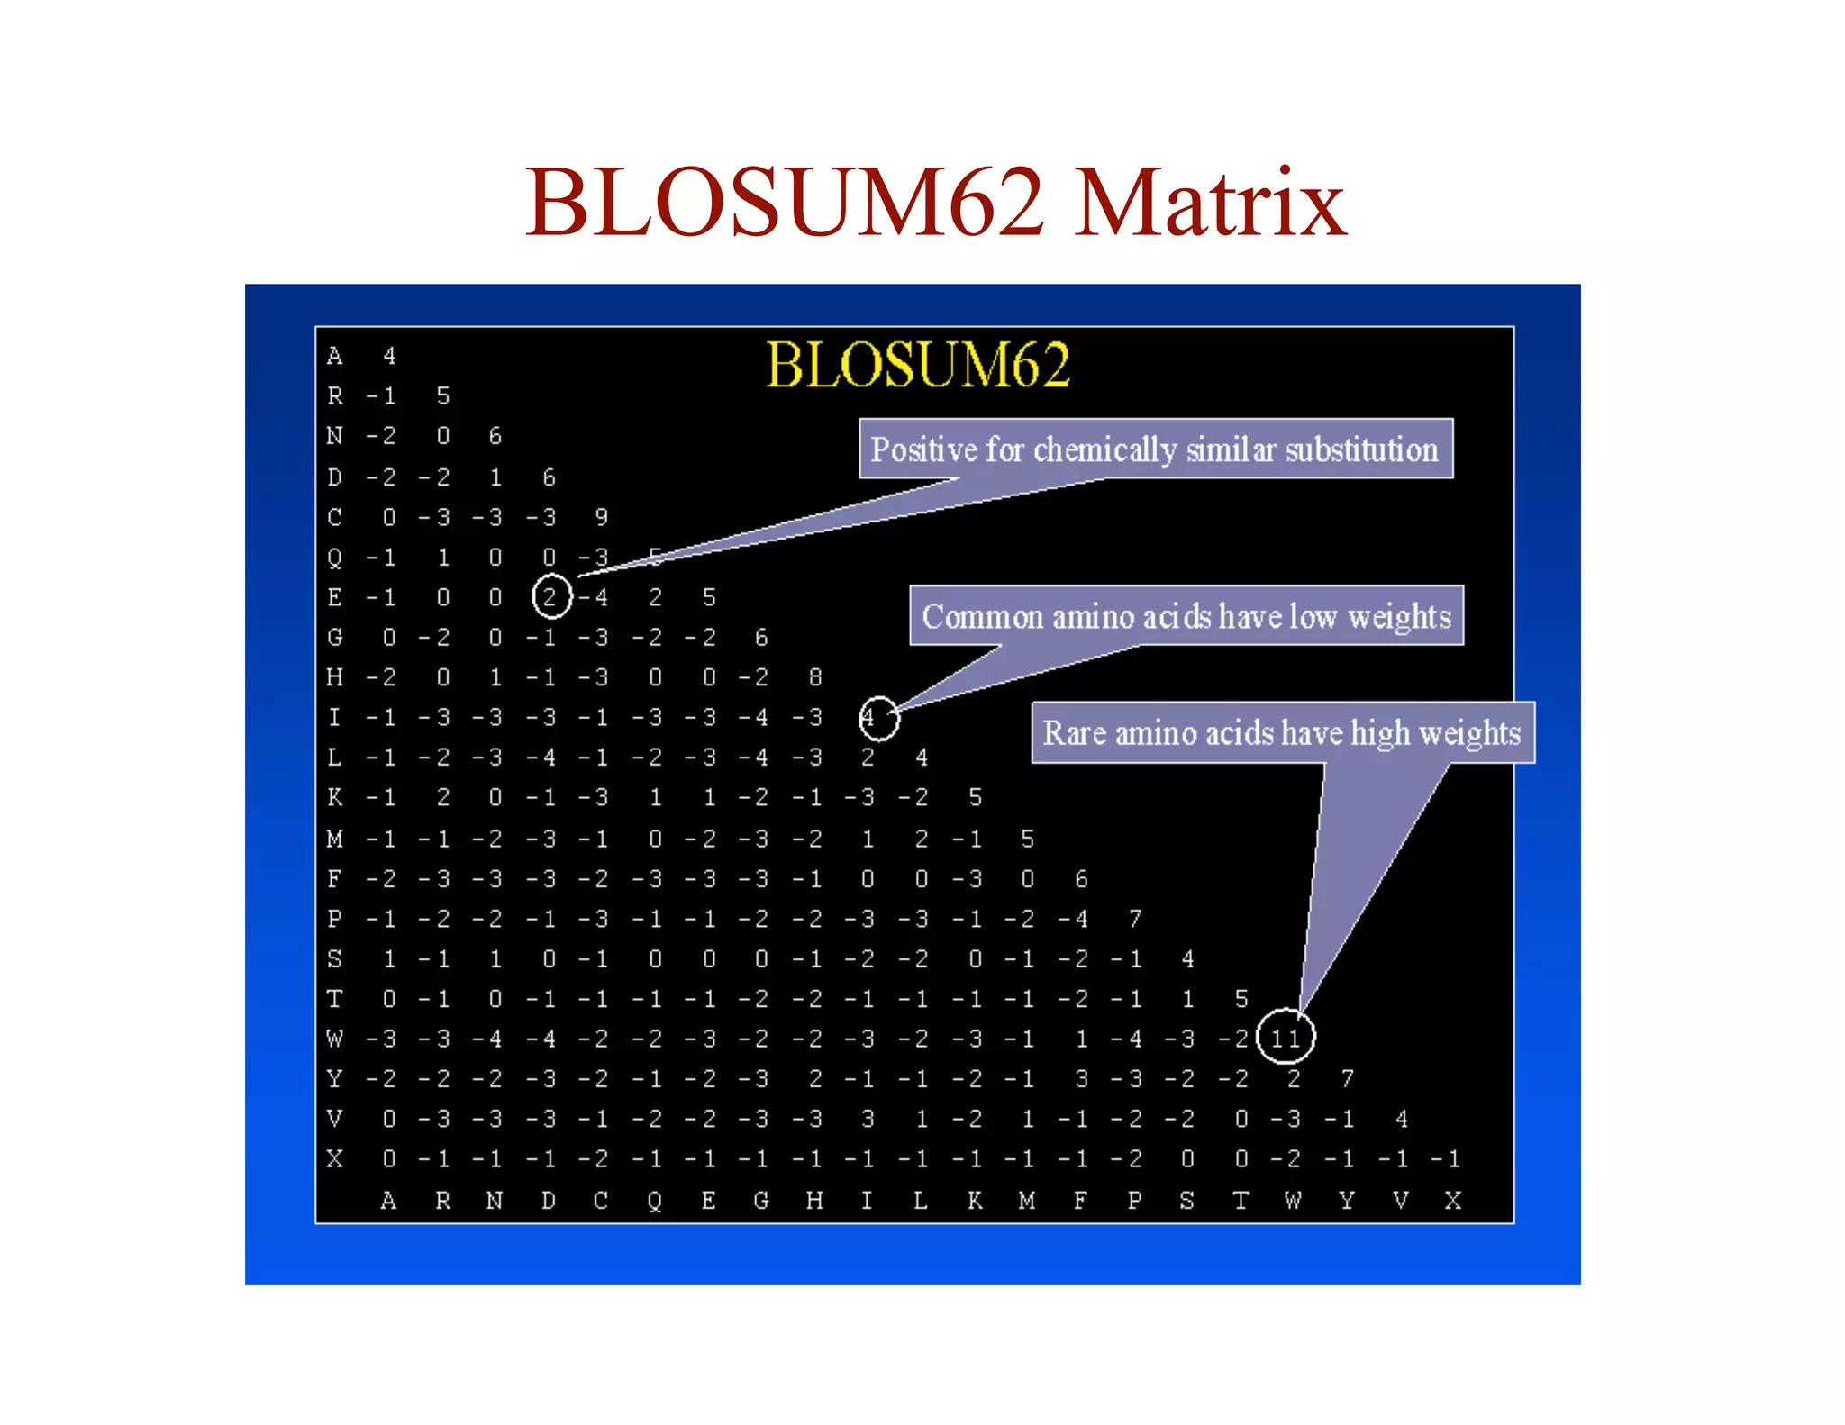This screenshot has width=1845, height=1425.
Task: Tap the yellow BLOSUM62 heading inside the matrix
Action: (x=917, y=365)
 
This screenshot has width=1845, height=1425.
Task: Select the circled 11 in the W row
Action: (x=1286, y=1038)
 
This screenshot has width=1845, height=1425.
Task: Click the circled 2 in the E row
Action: (x=550, y=596)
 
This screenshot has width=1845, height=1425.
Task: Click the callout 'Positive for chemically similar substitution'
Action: (x=1155, y=449)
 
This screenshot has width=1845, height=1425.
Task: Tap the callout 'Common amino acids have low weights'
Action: (x=1186, y=616)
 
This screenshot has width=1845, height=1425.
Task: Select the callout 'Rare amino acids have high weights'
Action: (x=1282, y=732)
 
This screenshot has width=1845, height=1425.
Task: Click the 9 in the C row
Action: (x=602, y=517)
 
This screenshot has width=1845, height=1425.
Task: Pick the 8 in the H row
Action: (x=814, y=677)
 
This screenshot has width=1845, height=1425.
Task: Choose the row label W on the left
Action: (x=335, y=1039)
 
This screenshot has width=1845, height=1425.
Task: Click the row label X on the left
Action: (x=335, y=1158)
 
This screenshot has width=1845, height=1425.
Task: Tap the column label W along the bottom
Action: (x=1293, y=1200)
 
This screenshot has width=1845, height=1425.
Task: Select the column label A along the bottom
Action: (x=388, y=1200)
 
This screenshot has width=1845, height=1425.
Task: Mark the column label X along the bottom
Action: (x=1452, y=1200)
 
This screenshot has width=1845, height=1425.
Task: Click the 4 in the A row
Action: (x=389, y=356)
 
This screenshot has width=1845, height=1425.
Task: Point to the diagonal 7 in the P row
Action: (x=1135, y=919)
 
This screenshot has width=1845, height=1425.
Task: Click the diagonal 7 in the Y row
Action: (x=1347, y=1078)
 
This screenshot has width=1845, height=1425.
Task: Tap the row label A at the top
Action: (x=335, y=356)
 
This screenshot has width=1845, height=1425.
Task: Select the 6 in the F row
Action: (x=1081, y=878)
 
